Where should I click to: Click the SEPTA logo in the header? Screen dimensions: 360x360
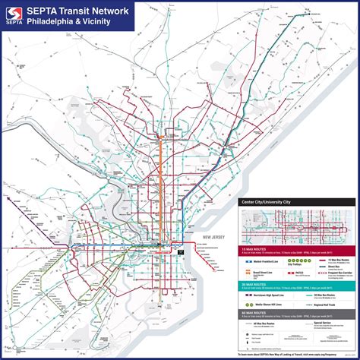12,15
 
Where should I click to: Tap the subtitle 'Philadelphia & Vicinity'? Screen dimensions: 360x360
69,21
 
